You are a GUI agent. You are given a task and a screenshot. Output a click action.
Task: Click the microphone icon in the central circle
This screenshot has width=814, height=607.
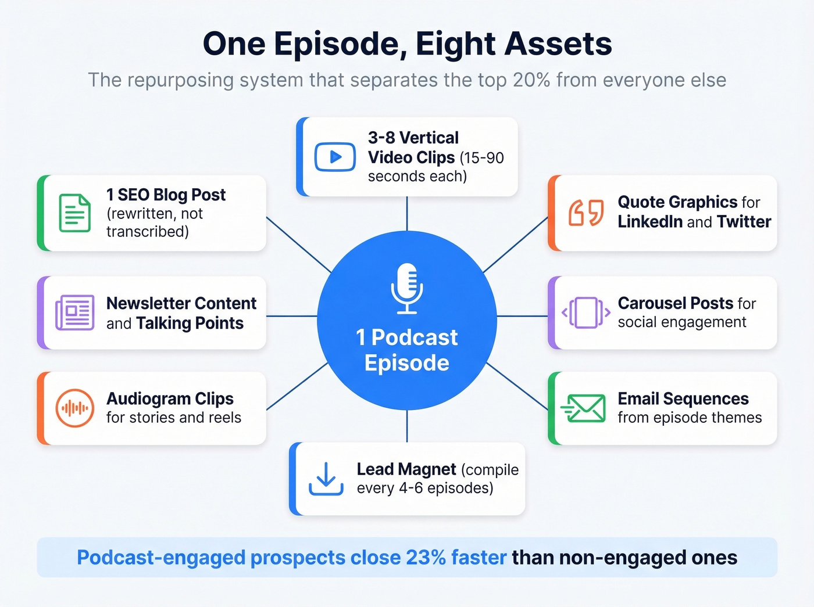pyautogui.click(x=407, y=288)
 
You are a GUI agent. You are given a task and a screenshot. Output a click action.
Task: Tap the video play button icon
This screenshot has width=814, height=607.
pyautogui.click(x=335, y=157)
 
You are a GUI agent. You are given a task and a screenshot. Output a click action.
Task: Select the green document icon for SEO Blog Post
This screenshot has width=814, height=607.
pyautogui.click(x=75, y=213)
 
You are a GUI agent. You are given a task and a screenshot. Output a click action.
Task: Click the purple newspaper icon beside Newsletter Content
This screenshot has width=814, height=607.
pyautogui.click(x=75, y=313)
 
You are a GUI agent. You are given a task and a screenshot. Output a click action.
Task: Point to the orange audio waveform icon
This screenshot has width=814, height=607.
pyautogui.click(x=75, y=408)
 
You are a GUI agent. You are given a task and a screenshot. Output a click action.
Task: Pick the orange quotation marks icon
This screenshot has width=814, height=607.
pyautogui.click(x=586, y=213)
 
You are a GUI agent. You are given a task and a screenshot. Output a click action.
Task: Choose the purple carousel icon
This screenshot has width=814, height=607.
pyautogui.click(x=586, y=313)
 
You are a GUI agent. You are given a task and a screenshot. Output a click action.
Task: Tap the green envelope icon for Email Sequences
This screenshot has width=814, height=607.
pyautogui.click(x=584, y=408)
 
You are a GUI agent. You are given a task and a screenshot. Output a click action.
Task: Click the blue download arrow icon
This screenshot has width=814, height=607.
pyautogui.click(x=326, y=479)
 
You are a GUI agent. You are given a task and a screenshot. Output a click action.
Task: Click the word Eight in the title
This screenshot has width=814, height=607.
pyautogui.click(x=452, y=44)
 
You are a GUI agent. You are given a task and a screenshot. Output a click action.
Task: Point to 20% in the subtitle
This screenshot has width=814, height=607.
pyautogui.click(x=531, y=80)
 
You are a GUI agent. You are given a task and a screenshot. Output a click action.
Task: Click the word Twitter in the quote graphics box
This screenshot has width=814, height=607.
pyautogui.click(x=744, y=222)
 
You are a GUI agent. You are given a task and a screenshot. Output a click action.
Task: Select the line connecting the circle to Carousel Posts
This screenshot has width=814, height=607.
pyautogui.click(x=522, y=317)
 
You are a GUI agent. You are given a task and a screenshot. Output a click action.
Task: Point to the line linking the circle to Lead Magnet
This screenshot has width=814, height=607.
pyautogui.click(x=407, y=426)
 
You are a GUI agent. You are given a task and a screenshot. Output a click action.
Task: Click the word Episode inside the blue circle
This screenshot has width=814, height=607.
pyautogui.click(x=407, y=363)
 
